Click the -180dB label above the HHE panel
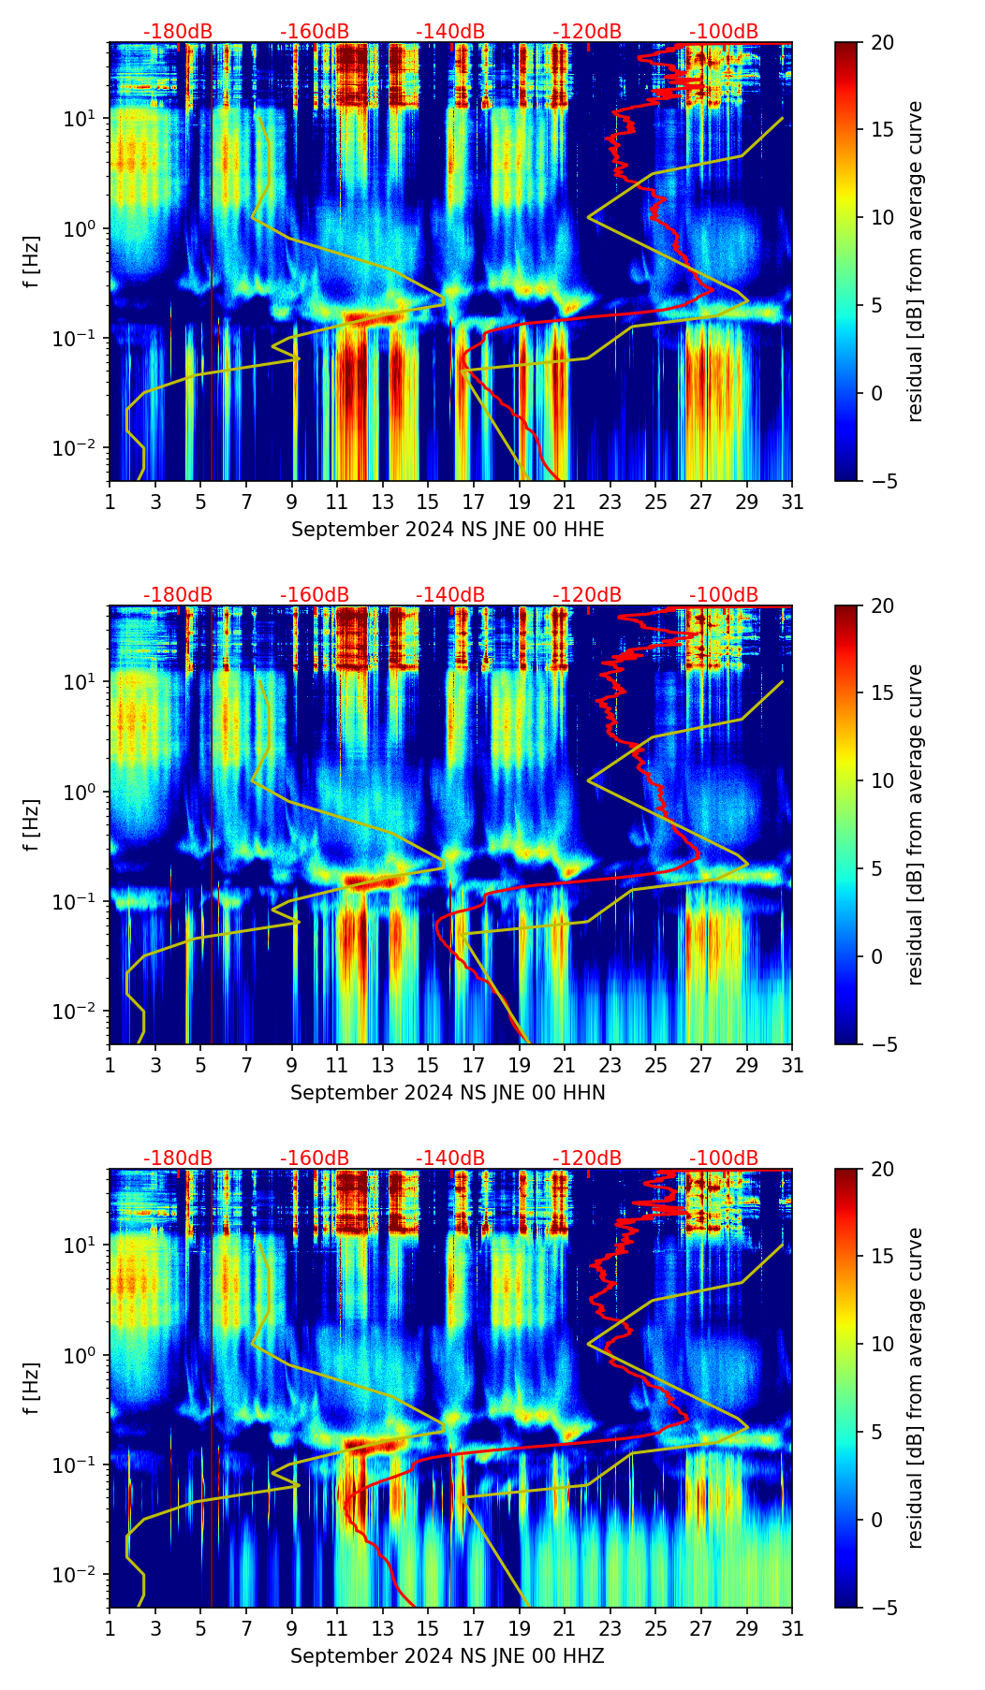tap(178, 32)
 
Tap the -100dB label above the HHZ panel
tap(724, 1158)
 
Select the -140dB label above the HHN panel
tap(450, 595)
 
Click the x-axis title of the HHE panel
tap(448, 530)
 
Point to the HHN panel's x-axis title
tap(448, 1093)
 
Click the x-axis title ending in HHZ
tap(448, 1656)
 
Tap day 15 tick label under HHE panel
tap(428, 503)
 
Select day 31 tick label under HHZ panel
tap(792, 1629)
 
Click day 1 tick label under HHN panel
tap(110, 1066)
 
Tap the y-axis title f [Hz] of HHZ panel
tap(32, 1388)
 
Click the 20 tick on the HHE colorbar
tap(882, 43)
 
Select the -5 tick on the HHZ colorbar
tap(882, 1608)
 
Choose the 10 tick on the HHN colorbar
tap(882, 780)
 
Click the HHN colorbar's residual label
tap(916, 824)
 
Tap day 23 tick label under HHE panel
tap(610, 503)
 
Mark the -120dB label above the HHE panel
tap(587, 32)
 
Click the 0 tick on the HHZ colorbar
tap(876, 1520)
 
